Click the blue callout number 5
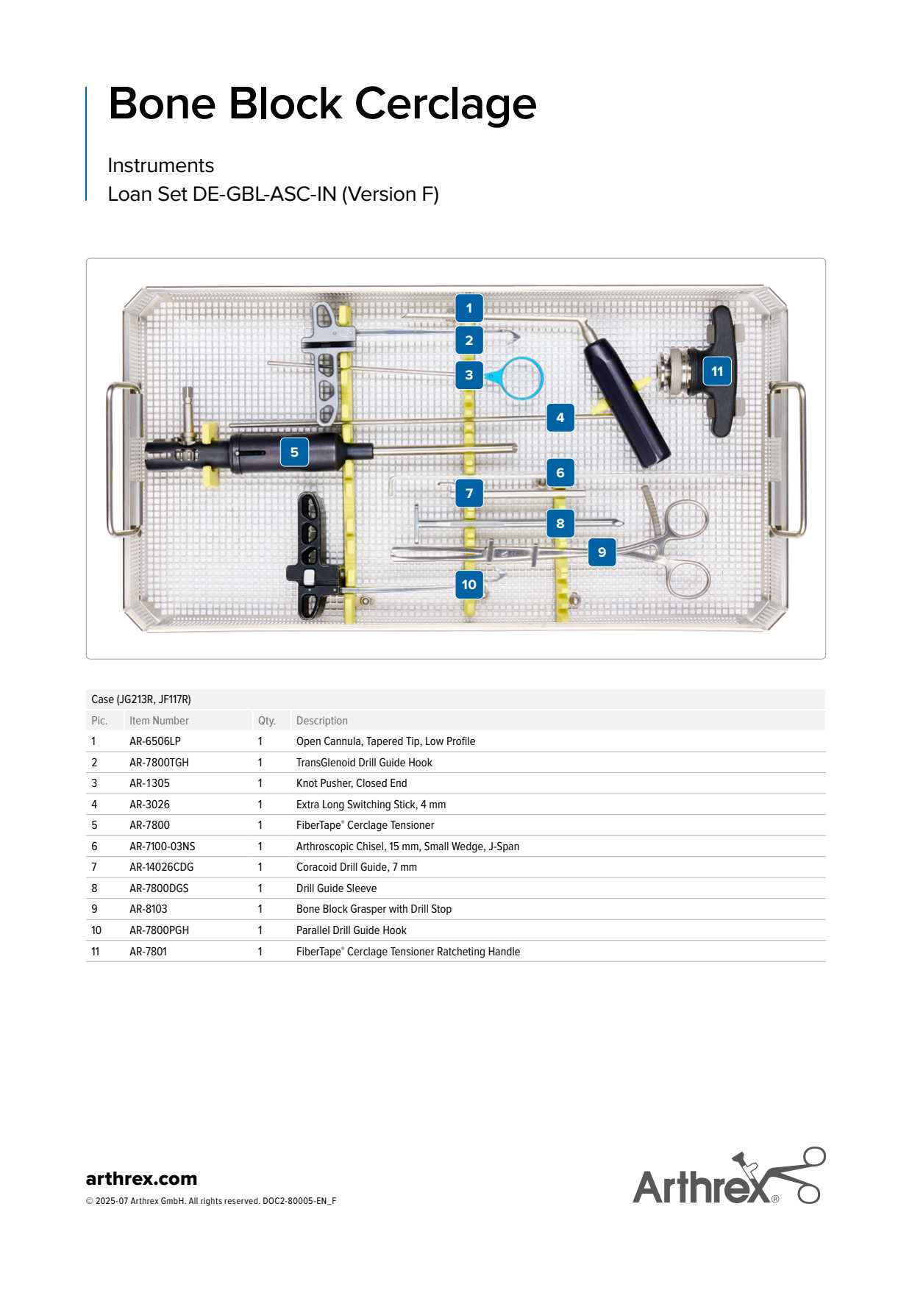pyautogui.click(x=294, y=452)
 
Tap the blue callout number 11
pyautogui.click(x=716, y=371)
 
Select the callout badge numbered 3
pyautogui.click(x=469, y=375)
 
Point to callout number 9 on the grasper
pyautogui.click(x=602, y=552)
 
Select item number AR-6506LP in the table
pyautogui.click(x=155, y=741)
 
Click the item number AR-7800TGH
pyautogui.click(x=159, y=763)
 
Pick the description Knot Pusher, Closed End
pyautogui.click(x=352, y=783)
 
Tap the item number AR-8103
pyautogui.click(x=149, y=909)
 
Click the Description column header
pyautogui.click(x=322, y=721)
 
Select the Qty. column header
pyautogui.click(x=266, y=721)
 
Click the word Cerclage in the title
pyautogui.click(x=446, y=104)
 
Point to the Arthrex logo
pyautogui.click(x=728, y=1177)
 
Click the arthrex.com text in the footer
pyautogui.click(x=141, y=1178)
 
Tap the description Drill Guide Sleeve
pyautogui.click(x=336, y=888)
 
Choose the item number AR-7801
pyautogui.click(x=149, y=952)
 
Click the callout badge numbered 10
pyautogui.click(x=469, y=585)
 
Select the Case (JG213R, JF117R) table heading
pyautogui.click(x=141, y=699)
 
